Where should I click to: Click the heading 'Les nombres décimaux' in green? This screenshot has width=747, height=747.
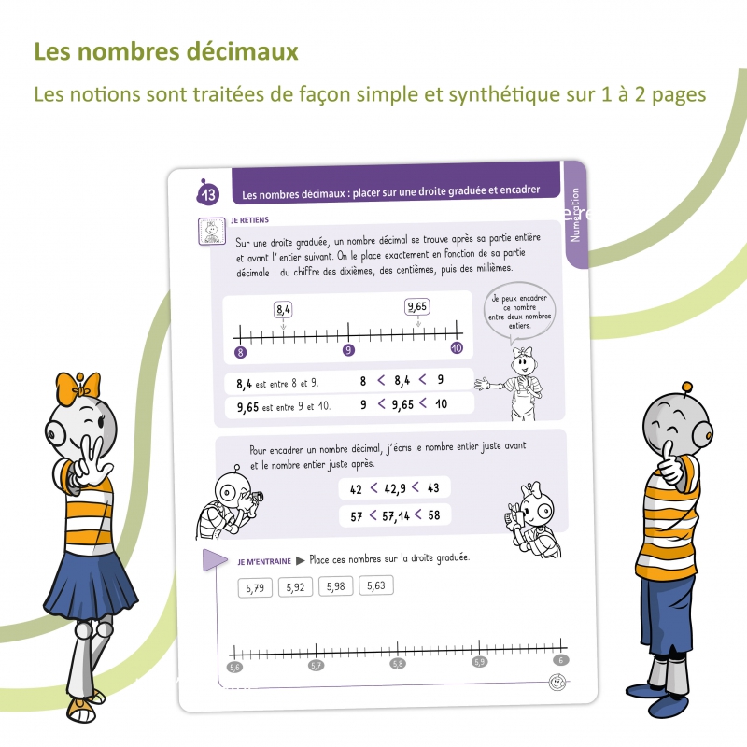pos(166,51)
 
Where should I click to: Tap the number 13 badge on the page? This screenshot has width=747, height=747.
pos(207,194)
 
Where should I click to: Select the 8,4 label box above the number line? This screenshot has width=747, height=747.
pos(283,309)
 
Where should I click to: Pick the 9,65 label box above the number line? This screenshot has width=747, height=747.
pos(417,306)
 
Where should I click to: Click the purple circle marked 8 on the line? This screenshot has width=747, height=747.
pos(240,351)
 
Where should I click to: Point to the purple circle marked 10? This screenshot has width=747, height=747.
pos(457,347)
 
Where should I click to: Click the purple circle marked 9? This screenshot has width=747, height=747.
pos(348,350)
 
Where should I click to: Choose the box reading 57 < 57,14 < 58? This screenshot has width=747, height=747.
pos(393,514)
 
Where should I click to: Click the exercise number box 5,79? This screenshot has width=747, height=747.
pos(256,588)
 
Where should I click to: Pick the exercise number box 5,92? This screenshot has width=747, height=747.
pos(296,587)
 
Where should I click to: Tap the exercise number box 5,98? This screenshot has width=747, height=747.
pos(336,586)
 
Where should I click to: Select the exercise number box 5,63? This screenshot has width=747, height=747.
pos(376,585)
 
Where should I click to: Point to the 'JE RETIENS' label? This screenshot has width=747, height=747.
pos(248,221)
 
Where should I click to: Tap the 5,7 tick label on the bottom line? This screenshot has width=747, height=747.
pos(317,666)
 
